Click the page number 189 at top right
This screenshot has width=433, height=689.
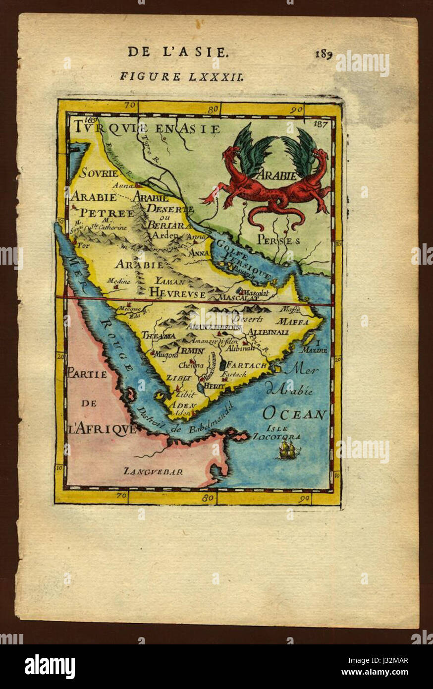click(323, 54)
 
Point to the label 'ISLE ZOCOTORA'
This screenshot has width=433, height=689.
click(276, 433)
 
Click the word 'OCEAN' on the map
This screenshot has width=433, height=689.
click(294, 414)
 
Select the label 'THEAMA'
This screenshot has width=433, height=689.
click(159, 336)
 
